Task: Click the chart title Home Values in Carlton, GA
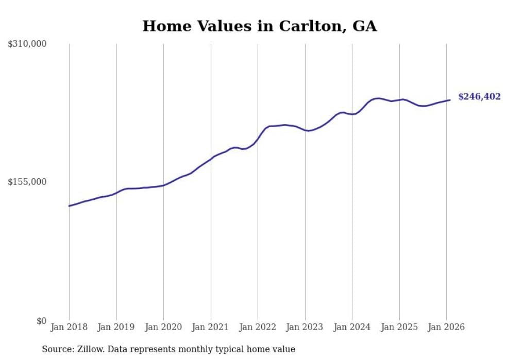[259, 26]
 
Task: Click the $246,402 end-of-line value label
[479, 97]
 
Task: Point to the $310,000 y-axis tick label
[27, 44]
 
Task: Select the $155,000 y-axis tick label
[27, 182]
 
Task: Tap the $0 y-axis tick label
[41, 321]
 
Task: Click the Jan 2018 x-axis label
[69, 327]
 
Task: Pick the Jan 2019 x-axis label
[116, 327]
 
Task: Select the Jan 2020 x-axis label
[163, 327]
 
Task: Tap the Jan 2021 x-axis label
[211, 327]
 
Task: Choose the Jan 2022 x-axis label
[258, 327]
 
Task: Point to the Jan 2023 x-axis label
[305, 327]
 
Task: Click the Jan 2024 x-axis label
[352, 327]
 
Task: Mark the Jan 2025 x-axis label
[399, 327]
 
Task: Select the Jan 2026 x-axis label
[446, 327]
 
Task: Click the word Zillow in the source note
[92, 349]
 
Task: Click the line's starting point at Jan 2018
[69, 206]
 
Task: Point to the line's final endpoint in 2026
[450, 100]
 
